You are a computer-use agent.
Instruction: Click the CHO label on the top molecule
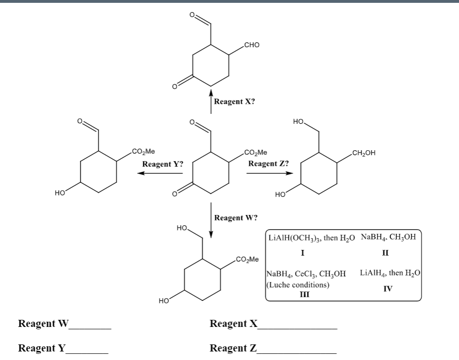tap(251, 45)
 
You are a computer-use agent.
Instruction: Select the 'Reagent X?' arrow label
tap(234, 102)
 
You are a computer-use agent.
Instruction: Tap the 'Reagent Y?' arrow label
tap(163, 164)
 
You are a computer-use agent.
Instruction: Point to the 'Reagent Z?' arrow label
tap(268, 163)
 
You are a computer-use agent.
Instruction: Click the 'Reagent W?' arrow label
tap(236, 218)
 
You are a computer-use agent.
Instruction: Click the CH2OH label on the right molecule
tap(363, 152)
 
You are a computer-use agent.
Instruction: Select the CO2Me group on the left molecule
tap(143, 152)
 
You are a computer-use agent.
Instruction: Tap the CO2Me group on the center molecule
tap(256, 152)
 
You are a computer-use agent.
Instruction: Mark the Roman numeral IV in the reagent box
tap(388, 288)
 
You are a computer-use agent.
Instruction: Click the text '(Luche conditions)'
tap(298, 285)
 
